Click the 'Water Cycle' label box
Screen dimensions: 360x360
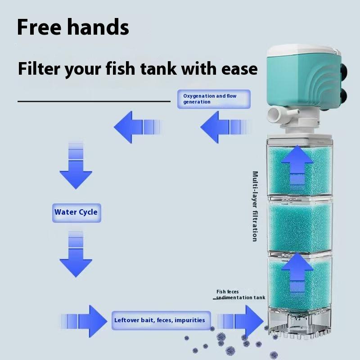[x=76, y=212]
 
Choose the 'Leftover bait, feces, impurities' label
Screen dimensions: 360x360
[x=159, y=320]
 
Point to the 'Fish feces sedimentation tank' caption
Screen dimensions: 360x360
[x=240, y=295]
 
